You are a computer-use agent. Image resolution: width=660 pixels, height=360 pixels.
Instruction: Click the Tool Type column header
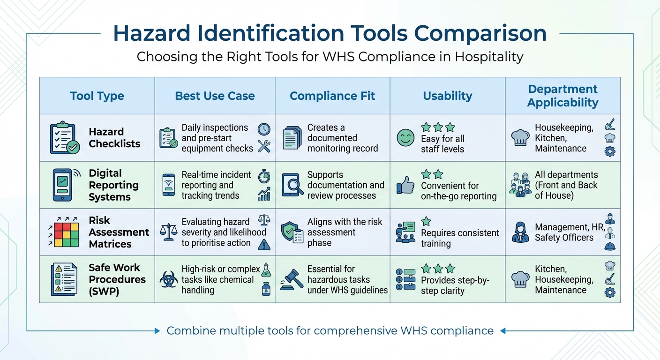pos(97,96)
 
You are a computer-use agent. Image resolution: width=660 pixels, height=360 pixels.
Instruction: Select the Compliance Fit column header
pos(332,96)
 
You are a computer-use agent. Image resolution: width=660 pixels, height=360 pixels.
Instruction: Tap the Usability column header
pos(447,96)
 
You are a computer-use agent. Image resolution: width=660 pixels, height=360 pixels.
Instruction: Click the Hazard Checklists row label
pos(114,138)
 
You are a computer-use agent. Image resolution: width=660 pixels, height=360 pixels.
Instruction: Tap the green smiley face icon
pos(405,138)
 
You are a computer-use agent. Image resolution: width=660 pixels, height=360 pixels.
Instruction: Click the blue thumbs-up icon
pos(405,186)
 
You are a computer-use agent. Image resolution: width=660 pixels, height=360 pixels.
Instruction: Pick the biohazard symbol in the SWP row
pos(169,279)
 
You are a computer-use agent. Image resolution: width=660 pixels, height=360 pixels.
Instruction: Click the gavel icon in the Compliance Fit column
pos(292,279)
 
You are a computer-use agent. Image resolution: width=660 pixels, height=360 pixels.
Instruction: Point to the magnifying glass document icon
pos(292,185)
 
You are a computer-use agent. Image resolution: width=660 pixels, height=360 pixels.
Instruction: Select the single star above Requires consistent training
pos(426,221)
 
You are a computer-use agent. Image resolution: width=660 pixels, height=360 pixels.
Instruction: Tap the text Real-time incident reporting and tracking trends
pos(217,185)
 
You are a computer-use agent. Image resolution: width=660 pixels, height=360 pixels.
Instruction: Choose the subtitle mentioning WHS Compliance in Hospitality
pos(330,57)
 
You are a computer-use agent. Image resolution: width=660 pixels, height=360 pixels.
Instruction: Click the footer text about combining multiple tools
pos(330,331)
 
